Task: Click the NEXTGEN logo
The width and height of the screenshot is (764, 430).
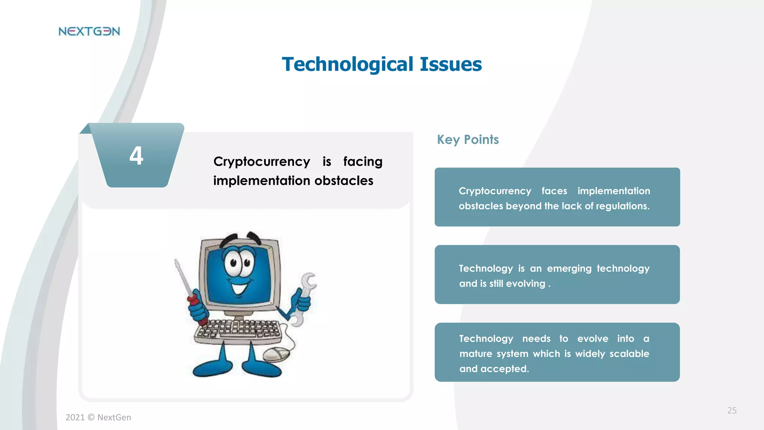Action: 89,31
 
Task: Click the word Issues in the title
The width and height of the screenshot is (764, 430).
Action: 451,64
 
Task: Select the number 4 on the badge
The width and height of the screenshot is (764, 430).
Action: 136,156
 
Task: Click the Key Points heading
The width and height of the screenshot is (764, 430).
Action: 468,140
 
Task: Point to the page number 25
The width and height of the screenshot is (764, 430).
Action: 732,411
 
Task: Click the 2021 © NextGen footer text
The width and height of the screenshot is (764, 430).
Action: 98,417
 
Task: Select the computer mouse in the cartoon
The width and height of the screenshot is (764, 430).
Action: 277,353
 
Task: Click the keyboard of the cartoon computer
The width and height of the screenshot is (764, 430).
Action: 239,331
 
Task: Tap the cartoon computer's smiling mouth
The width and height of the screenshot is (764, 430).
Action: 239,288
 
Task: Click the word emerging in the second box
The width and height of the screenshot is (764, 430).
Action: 569,269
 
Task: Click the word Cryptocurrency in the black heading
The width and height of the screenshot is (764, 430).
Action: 262,162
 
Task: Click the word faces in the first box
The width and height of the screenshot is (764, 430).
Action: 554,191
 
